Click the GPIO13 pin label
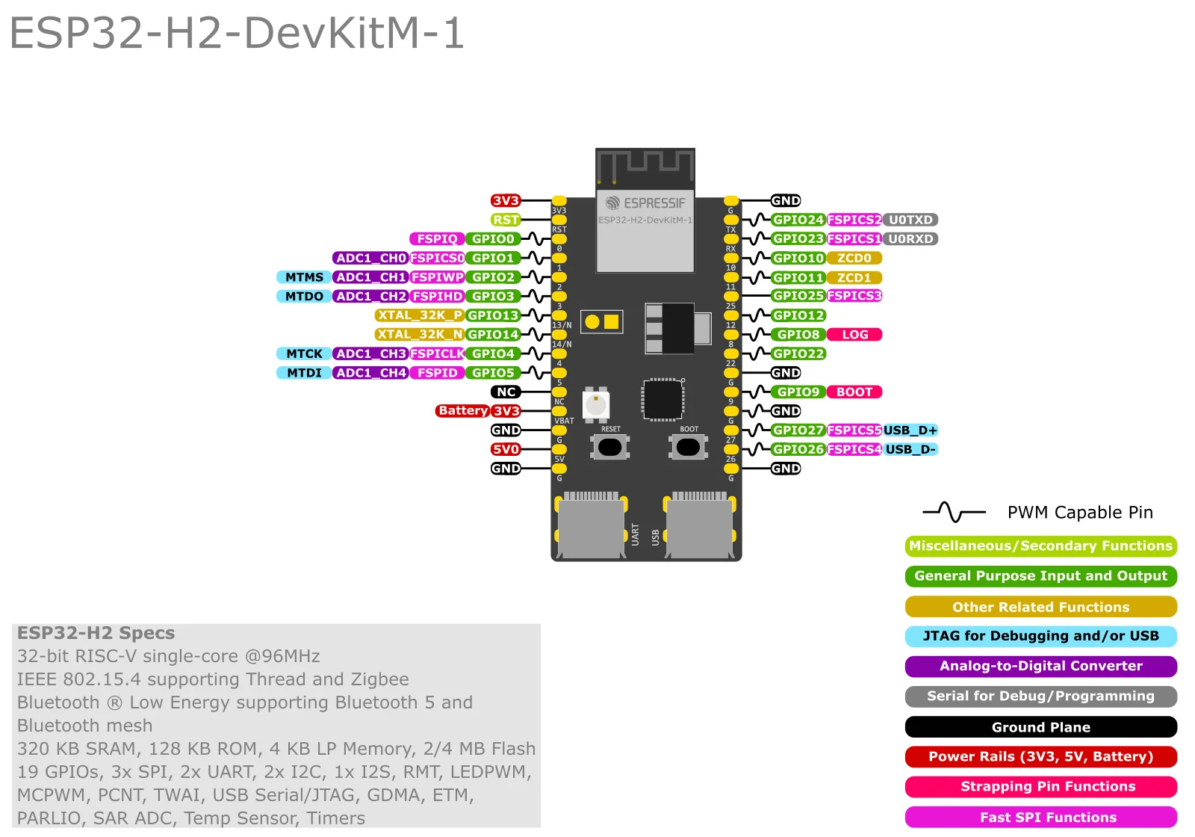(493, 315)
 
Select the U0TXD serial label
(910, 220)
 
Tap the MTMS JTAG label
(304, 277)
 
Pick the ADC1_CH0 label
(370, 258)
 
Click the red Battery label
(462, 411)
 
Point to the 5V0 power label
(506, 449)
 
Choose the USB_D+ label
(910, 430)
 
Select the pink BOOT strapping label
(854, 392)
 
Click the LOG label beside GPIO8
(854, 335)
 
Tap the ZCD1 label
(854, 277)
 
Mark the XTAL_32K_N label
(419, 335)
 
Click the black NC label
(506, 392)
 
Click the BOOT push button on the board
(688, 447)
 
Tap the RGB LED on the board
(595, 405)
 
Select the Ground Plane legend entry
(1040, 727)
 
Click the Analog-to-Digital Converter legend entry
(1040, 666)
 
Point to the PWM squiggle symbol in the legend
(954, 512)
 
